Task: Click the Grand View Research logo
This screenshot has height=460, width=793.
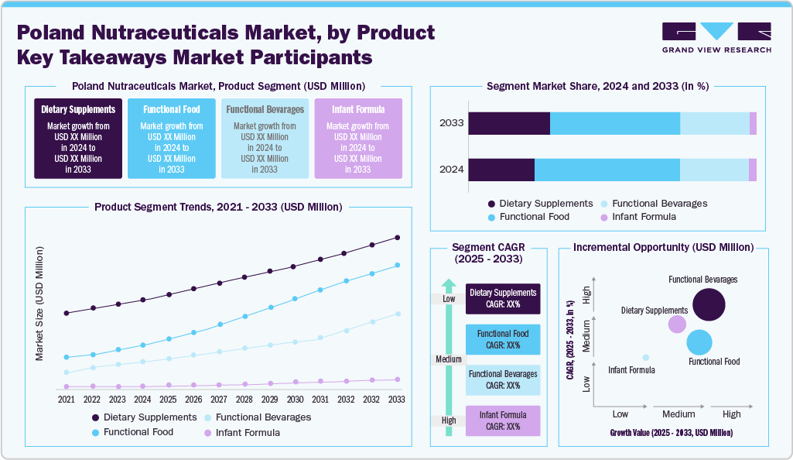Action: [x=716, y=37]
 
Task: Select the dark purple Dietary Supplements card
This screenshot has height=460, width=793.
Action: [x=78, y=138]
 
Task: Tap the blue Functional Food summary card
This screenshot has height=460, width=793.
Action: [x=172, y=138]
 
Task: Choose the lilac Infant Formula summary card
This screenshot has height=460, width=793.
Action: [x=358, y=138]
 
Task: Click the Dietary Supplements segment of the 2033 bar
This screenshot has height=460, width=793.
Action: [x=509, y=123]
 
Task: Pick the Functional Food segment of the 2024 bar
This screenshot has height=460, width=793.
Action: [x=607, y=170]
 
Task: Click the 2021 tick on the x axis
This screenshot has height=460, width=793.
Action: [x=67, y=400]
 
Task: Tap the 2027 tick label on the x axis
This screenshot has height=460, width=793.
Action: [x=219, y=400]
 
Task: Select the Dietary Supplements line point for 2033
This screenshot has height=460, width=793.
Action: [x=397, y=238]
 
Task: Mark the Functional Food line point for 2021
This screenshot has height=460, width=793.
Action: [x=67, y=357]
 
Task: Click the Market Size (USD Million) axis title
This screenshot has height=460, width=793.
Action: [x=39, y=304]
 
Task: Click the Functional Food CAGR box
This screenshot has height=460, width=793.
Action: [x=503, y=339]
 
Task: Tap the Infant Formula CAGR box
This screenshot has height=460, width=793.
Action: [x=503, y=421]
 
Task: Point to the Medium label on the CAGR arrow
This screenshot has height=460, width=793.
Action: [x=449, y=359]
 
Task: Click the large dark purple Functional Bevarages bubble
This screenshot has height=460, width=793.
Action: [x=709, y=304]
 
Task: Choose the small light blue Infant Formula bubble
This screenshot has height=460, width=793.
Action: [x=646, y=357]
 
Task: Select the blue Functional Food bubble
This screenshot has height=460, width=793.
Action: [x=699, y=342]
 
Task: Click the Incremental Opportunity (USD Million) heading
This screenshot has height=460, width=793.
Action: [x=663, y=248]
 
